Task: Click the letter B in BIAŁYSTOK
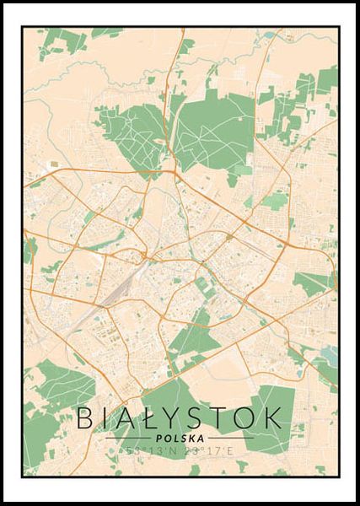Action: [85, 418]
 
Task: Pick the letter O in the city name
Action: [244, 418]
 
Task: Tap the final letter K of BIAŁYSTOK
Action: [271, 418]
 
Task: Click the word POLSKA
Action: [180, 438]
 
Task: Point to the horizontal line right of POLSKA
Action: [229, 438]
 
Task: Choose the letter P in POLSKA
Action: [160, 438]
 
